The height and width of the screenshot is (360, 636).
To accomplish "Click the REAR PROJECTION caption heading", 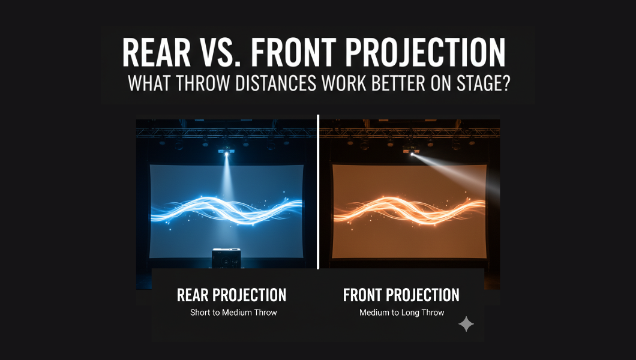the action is pos(232,295).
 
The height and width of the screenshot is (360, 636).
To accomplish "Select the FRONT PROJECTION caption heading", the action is pos(401,295).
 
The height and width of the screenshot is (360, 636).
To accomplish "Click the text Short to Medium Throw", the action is pos(233,313).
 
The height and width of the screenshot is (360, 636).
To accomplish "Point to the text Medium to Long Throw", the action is pos(402,313).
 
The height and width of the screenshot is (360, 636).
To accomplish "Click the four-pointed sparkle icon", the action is pos(466,324).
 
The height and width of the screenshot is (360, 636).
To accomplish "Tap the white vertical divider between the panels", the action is pos(318,192).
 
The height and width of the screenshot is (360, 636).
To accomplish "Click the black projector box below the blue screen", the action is pos(226,258).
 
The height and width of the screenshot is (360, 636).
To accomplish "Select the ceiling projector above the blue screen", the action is pos(226,151).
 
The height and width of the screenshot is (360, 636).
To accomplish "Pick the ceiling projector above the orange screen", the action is pos(411,151).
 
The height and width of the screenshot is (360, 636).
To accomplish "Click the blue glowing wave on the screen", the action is pos(227,210).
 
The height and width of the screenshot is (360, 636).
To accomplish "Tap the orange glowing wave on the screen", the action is pos(409,210).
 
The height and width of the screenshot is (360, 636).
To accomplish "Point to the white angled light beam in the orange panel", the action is pos(454,172).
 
